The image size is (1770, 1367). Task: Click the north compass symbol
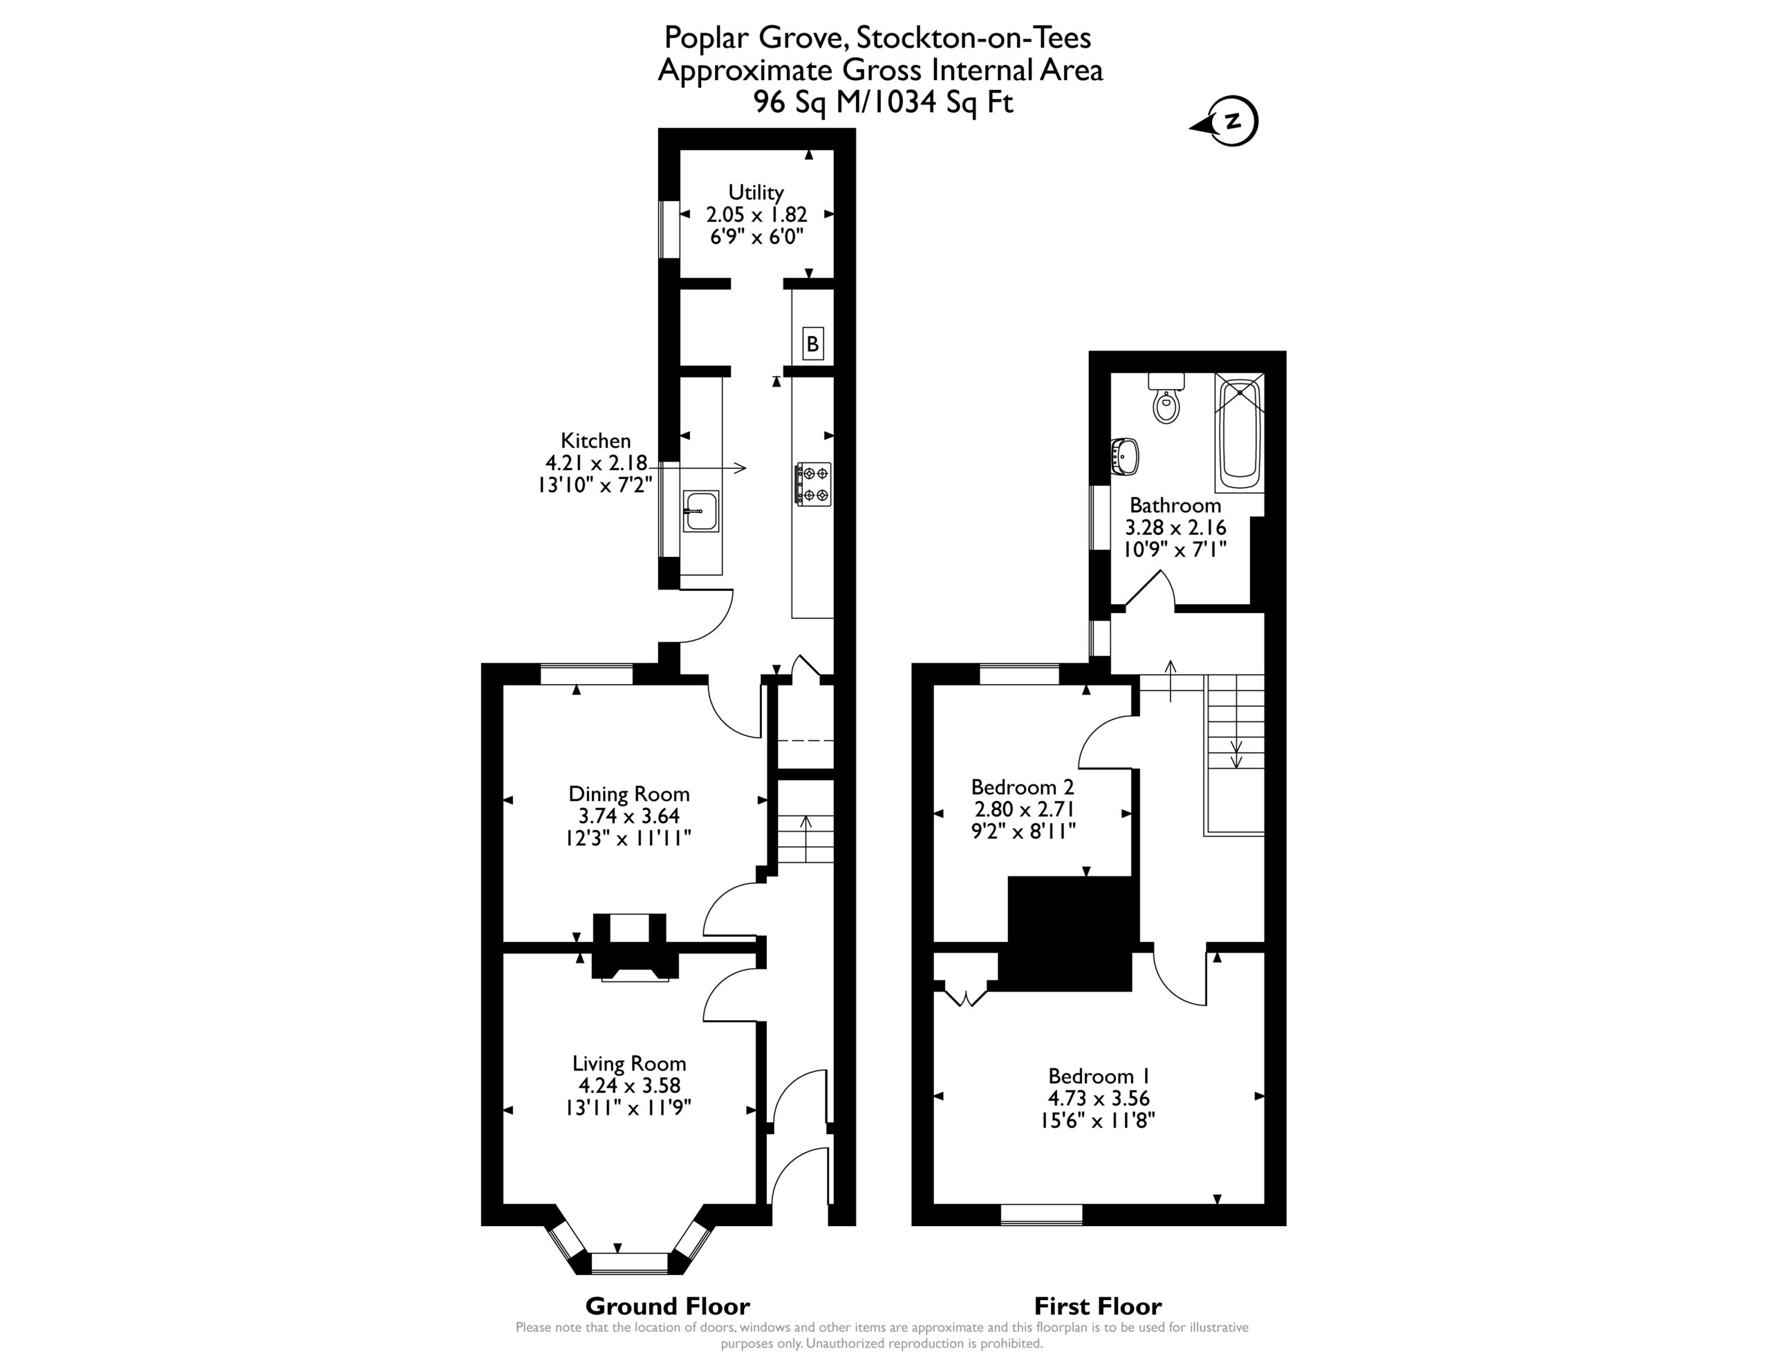(x=1225, y=122)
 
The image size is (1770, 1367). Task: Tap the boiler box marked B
(x=812, y=343)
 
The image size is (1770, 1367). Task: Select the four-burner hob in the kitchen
(x=814, y=484)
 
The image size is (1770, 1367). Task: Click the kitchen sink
(x=700, y=511)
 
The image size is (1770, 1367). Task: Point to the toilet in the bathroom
(x=1166, y=398)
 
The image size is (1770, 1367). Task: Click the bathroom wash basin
(x=1125, y=456)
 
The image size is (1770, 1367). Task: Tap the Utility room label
(x=756, y=192)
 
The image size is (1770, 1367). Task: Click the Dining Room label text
(x=629, y=794)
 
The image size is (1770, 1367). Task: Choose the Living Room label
(x=629, y=1063)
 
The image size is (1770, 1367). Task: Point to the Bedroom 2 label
(x=1023, y=786)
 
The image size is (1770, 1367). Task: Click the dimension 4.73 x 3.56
(x=1099, y=1098)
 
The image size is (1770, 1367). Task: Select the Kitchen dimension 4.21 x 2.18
(x=597, y=462)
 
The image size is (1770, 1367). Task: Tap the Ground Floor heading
(x=668, y=1306)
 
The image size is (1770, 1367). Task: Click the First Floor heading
(x=1098, y=1306)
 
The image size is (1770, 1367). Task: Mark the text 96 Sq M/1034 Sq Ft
(x=884, y=103)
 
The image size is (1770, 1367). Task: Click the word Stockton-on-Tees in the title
(x=973, y=37)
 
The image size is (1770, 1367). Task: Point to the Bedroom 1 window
(x=1041, y=1214)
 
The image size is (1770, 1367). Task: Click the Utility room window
(x=669, y=229)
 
